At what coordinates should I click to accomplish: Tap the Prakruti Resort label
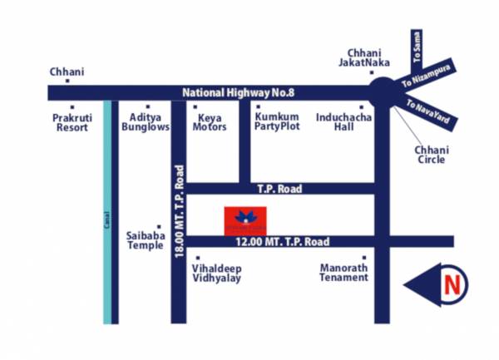click(72, 123)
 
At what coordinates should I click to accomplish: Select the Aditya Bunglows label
click(146, 123)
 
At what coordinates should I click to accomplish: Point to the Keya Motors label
click(210, 123)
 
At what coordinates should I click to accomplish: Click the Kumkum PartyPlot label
click(276, 123)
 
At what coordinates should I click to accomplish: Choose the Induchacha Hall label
click(343, 123)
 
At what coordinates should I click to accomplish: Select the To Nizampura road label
click(432, 82)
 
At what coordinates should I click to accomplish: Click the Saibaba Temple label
click(146, 240)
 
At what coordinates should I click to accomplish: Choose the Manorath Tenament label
click(344, 272)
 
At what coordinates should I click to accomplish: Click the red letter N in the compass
click(452, 286)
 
